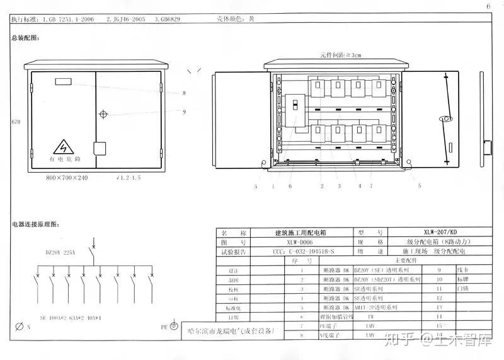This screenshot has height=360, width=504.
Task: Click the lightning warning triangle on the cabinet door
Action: click(62, 148)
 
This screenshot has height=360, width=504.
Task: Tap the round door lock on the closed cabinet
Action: click(103, 114)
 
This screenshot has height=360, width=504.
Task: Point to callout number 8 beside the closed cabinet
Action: click(184, 93)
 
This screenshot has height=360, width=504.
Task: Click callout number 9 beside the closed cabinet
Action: click(184, 112)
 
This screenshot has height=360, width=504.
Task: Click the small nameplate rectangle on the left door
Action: click(64, 81)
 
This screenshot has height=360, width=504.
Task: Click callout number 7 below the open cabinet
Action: click(372, 186)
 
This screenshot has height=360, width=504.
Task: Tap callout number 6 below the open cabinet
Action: click(290, 186)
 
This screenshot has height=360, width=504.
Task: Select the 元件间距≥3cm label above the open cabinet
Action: click(340, 55)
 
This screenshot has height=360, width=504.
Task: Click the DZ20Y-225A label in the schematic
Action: click(60, 252)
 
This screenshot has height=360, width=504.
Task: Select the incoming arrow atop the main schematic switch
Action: click(94, 242)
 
